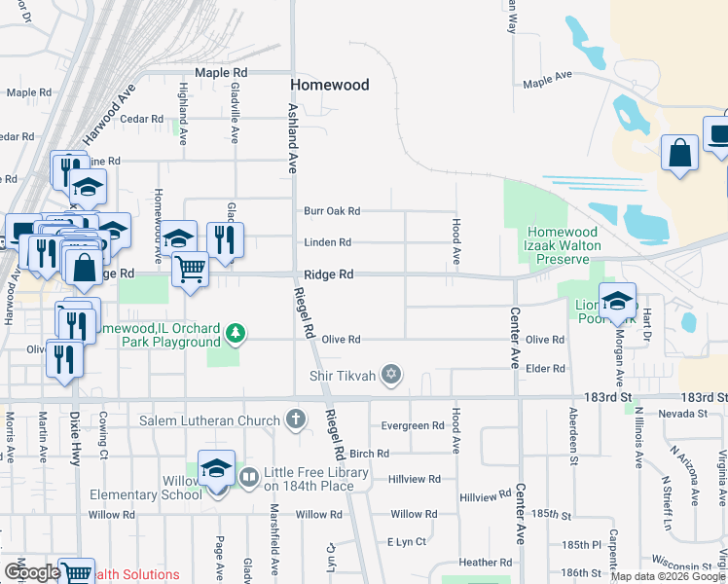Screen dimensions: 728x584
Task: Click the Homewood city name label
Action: coord(330,85)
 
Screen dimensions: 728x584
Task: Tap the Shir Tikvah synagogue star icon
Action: coord(392,375)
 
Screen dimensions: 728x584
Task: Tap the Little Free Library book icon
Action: coord(248,477)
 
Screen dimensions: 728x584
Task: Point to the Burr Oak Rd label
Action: coord(332,211)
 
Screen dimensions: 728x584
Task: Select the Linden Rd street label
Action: coord(327,242)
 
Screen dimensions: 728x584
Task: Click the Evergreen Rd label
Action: coord(413,426)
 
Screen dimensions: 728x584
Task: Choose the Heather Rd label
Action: coord(479,563)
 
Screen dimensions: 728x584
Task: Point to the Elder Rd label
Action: coord(545,369)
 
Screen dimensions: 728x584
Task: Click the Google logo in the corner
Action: coord(32,572)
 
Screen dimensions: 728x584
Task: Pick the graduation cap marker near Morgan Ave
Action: coord(616,301)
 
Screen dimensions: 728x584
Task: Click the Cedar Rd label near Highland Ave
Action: coord(140,120)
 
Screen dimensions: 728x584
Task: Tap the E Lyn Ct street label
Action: coord(407,541)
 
